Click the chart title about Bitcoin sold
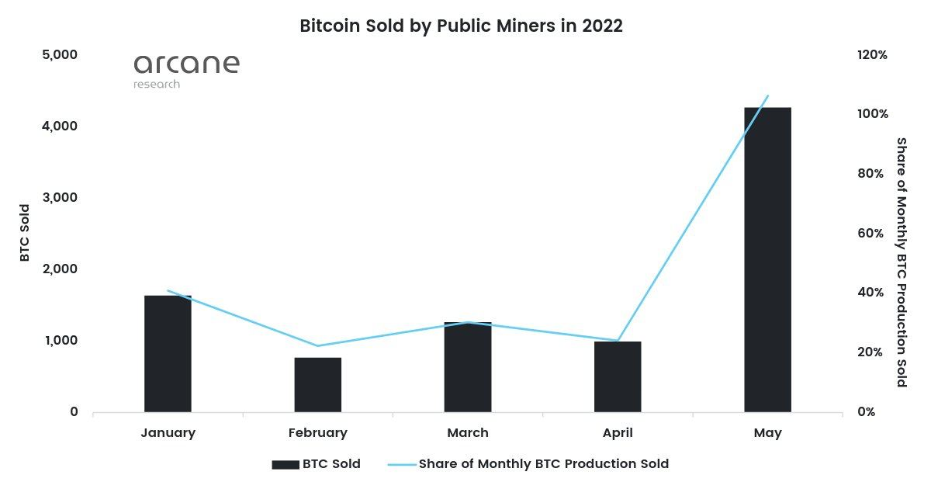pos(462,26)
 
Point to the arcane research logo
pos(186,70)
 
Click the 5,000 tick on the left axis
pos(59,55)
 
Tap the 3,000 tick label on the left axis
pos(59,198)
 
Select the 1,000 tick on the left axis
pos(59,341)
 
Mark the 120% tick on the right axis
pos(872,55)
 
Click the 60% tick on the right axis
pos(870,234)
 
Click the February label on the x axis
pos(317,433)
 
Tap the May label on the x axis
pos(767,433)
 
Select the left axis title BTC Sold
pos(25,233)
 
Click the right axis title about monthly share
pos(901,262)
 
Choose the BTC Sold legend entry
pos(316,464)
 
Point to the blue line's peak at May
pos(767,96)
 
